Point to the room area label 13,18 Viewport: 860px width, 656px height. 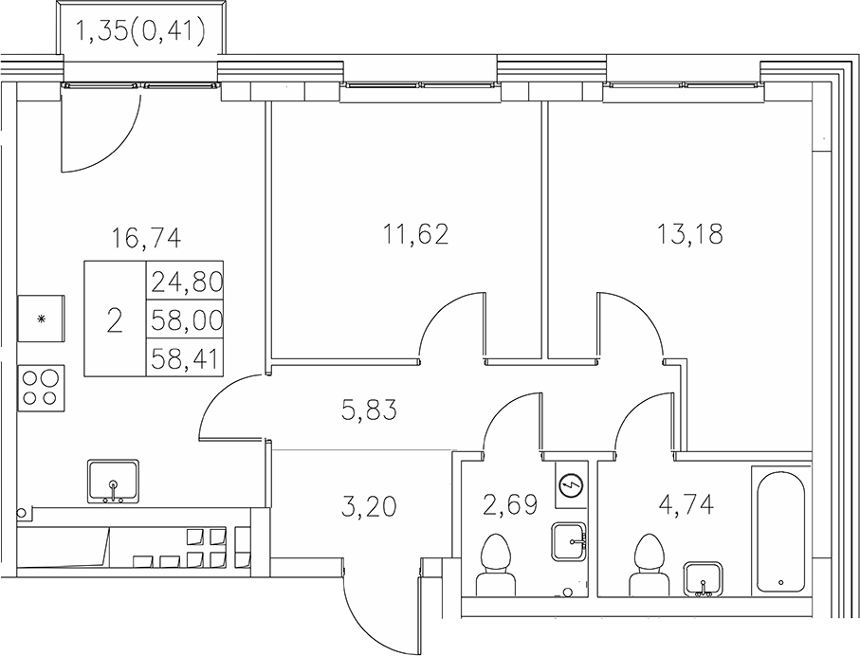(x=689, y=232)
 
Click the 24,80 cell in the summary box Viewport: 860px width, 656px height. (x=186, y=280)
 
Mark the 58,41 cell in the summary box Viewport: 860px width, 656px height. (x=186, y=357)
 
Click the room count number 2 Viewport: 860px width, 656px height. (x=115, y=320)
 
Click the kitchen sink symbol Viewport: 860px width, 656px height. (x=114, y=482)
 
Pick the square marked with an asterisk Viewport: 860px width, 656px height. (x=41, y=318)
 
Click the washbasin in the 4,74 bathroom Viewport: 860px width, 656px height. (x=704, y=576)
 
